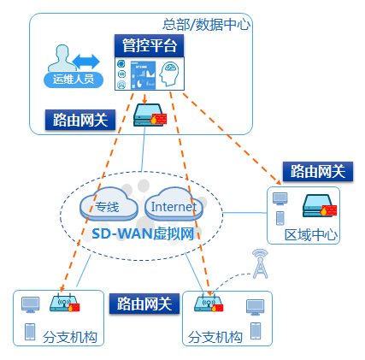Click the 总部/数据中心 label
[206, 24]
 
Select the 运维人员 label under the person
[73, 80]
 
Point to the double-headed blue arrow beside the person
[85, 61]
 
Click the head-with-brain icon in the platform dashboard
[169, 74]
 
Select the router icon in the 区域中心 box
[317, 206]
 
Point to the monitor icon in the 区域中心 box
[280, 198]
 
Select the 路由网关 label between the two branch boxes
[144, 304]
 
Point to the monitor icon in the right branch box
[254, 306]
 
